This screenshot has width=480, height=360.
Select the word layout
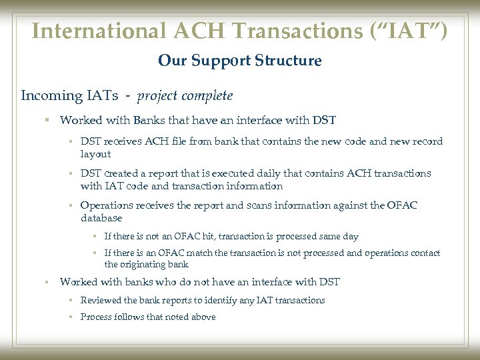click(x=95, y=153)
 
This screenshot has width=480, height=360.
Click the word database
click(x=101, y=218)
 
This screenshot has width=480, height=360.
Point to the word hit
click(x=217, y=237)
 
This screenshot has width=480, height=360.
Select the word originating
click(x=145, y=265)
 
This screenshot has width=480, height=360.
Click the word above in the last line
click(x=203, y=317)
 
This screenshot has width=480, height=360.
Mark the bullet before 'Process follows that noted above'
click(x=70, y=317)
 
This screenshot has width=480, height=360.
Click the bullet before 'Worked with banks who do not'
click(x=47, y=282)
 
